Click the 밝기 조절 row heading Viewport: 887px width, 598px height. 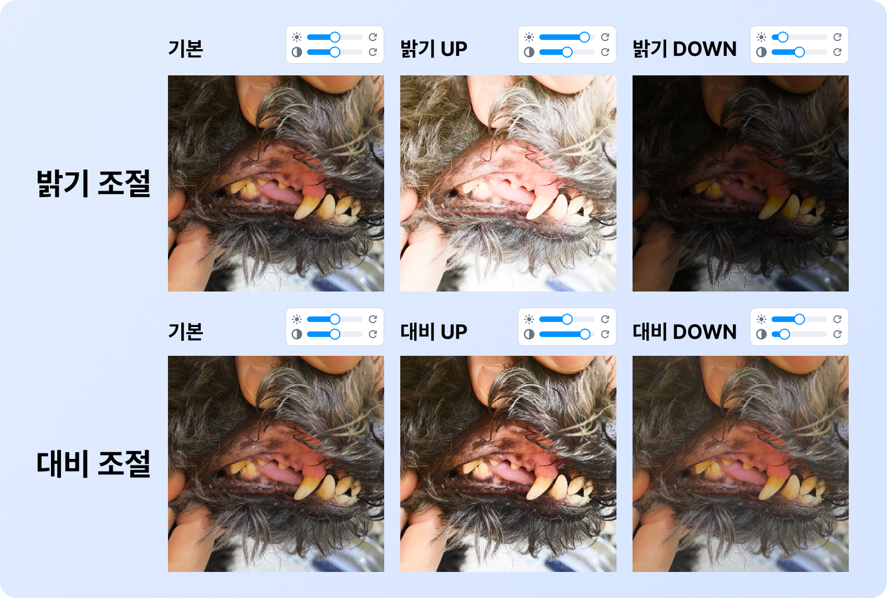click(94, 183)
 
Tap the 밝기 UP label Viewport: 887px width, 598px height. click(434, 49)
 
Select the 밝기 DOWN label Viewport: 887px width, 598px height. click(684, 49)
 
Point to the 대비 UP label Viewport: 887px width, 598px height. click(434, 331)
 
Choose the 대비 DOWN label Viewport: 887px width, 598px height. click(684, 331)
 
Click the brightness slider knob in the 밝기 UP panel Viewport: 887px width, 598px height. click(584, 37)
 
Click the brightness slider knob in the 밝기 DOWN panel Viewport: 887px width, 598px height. click(782, 37)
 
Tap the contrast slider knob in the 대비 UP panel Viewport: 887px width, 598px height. click(585, 334)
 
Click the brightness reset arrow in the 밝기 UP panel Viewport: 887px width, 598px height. click(605, 37)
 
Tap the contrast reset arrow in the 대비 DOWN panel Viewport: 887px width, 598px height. click(837, 334)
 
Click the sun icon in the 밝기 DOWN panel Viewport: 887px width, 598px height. click(761, 37)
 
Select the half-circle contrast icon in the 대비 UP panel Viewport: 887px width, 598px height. click(529, 334)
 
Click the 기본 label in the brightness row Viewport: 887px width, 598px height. click(185, 49)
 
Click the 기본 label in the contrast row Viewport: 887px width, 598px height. click(185, 331)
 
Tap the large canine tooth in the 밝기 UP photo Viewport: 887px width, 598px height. click(539, 206)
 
